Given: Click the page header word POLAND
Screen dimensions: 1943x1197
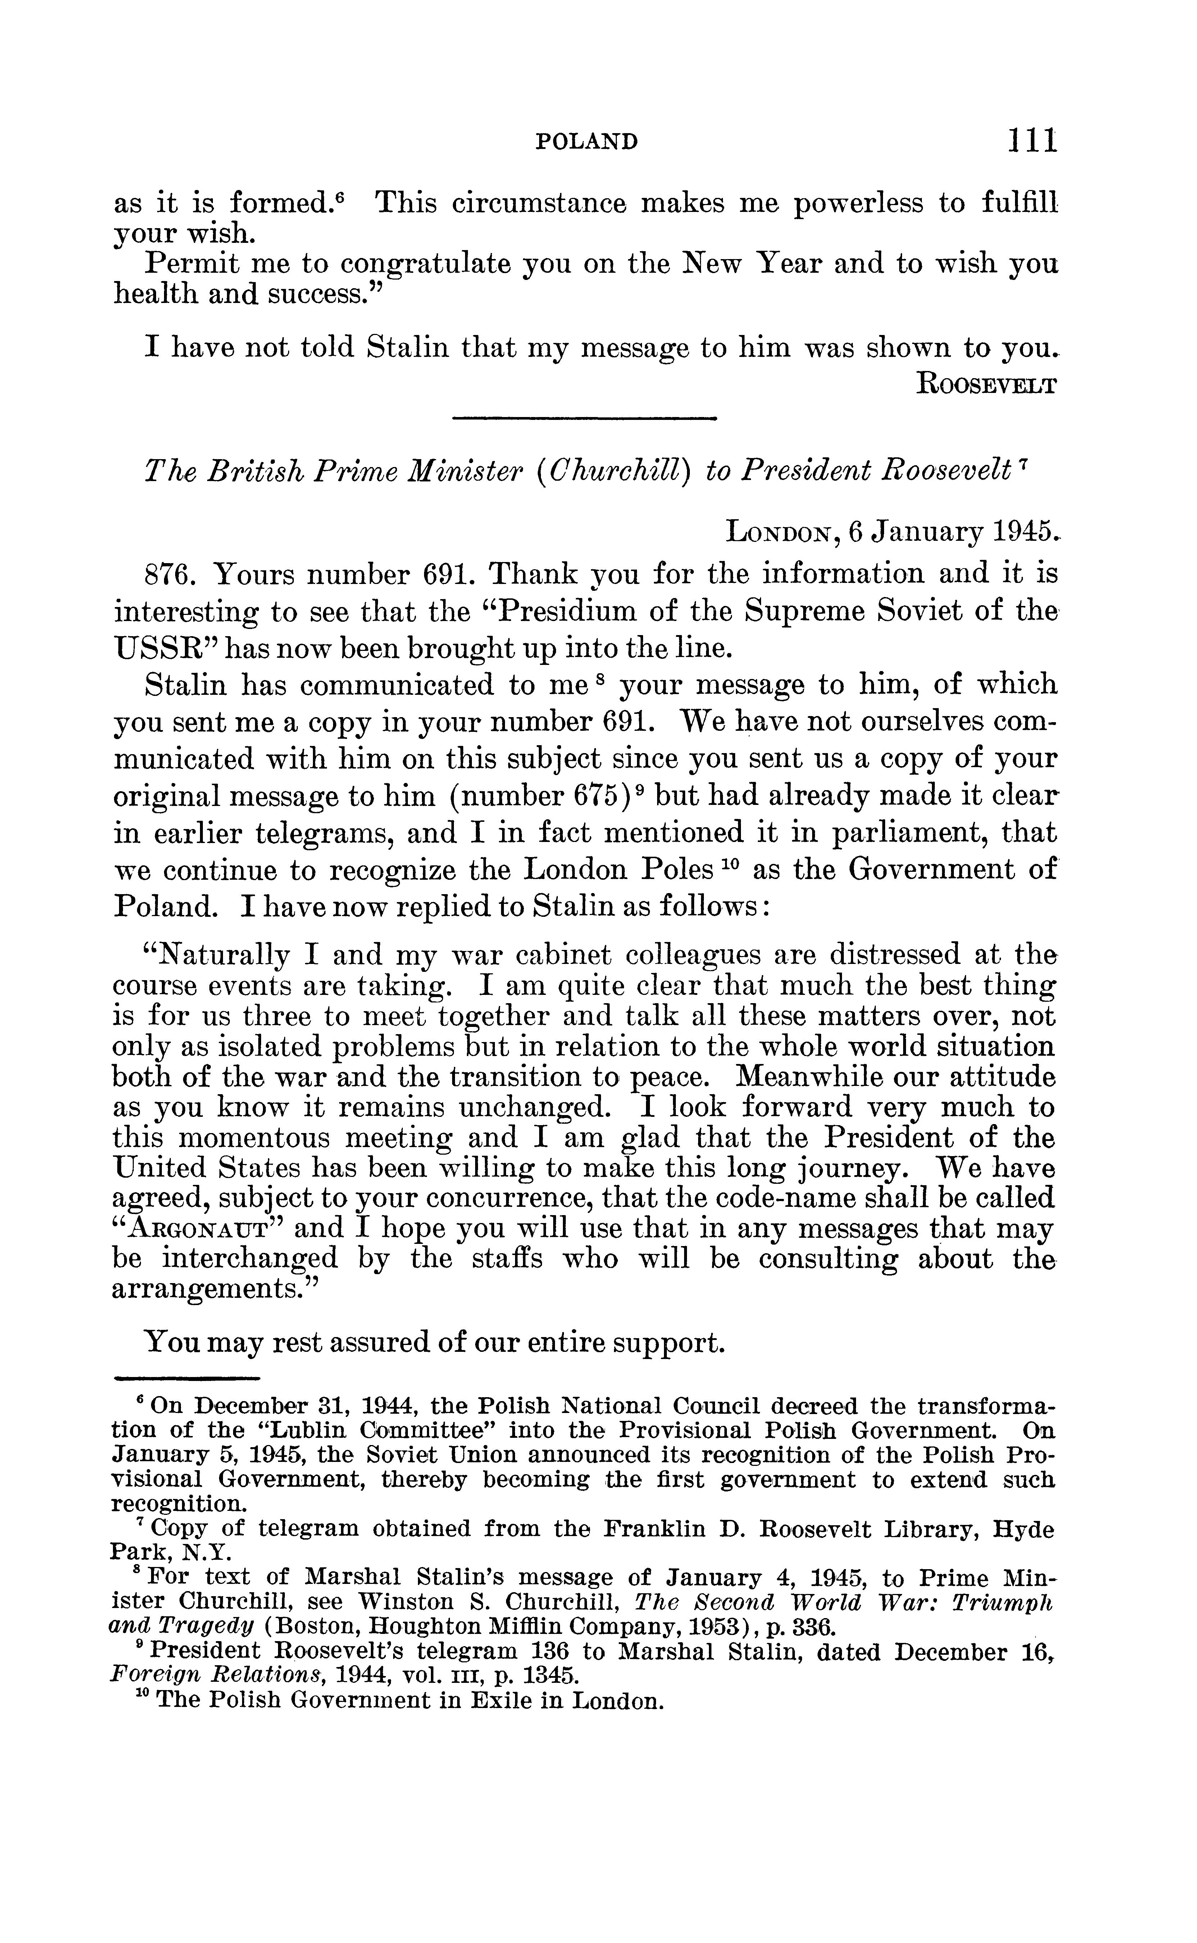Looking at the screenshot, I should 587,142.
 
